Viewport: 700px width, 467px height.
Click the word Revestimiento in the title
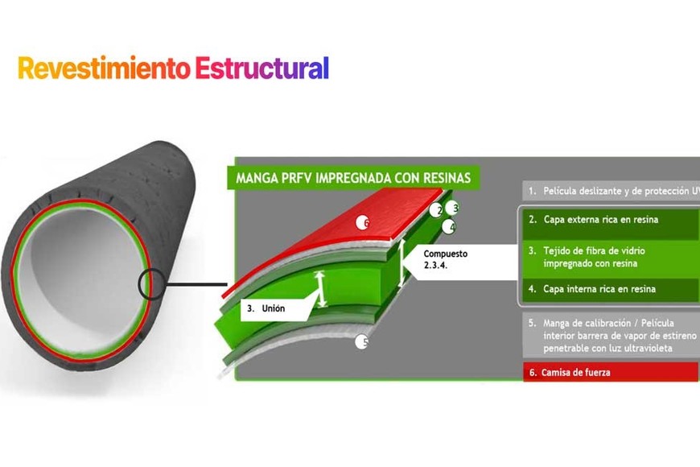click(104, 68)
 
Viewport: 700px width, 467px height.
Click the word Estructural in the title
click(261, 68)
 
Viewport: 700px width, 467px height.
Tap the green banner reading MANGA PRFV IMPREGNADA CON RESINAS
click(352, 176)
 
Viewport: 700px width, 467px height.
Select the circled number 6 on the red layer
click(363, 223)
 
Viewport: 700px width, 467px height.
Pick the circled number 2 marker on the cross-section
click(436, 210)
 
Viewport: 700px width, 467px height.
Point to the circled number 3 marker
click(452, 208)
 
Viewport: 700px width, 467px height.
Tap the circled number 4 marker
click(448, 226)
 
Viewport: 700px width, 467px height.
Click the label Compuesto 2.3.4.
click(445, 259)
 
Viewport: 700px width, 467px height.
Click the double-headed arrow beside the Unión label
click(320, 289)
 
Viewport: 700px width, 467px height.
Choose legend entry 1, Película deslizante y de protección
click(611, 192)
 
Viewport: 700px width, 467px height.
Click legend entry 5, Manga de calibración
click(610, 335)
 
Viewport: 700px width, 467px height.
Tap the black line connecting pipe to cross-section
click(197, 284)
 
